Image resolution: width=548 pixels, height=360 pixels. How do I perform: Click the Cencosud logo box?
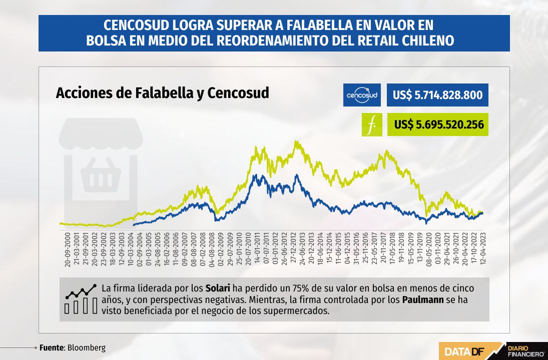[362, 95]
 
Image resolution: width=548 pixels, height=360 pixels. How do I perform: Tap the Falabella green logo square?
[372, 124]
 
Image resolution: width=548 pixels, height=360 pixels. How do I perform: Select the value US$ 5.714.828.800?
[437, 95]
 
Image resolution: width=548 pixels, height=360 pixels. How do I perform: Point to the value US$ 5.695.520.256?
[439, 124]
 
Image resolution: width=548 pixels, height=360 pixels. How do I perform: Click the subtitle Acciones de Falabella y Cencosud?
[163, 93]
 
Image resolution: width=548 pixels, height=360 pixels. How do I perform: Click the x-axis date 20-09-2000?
[68, 249]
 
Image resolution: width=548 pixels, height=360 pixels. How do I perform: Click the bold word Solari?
[218, 288]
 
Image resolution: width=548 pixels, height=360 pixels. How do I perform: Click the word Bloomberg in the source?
[86, 348]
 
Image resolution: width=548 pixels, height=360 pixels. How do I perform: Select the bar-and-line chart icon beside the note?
[81, 299]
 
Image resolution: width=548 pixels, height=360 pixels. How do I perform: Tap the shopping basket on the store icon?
[101, 174]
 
